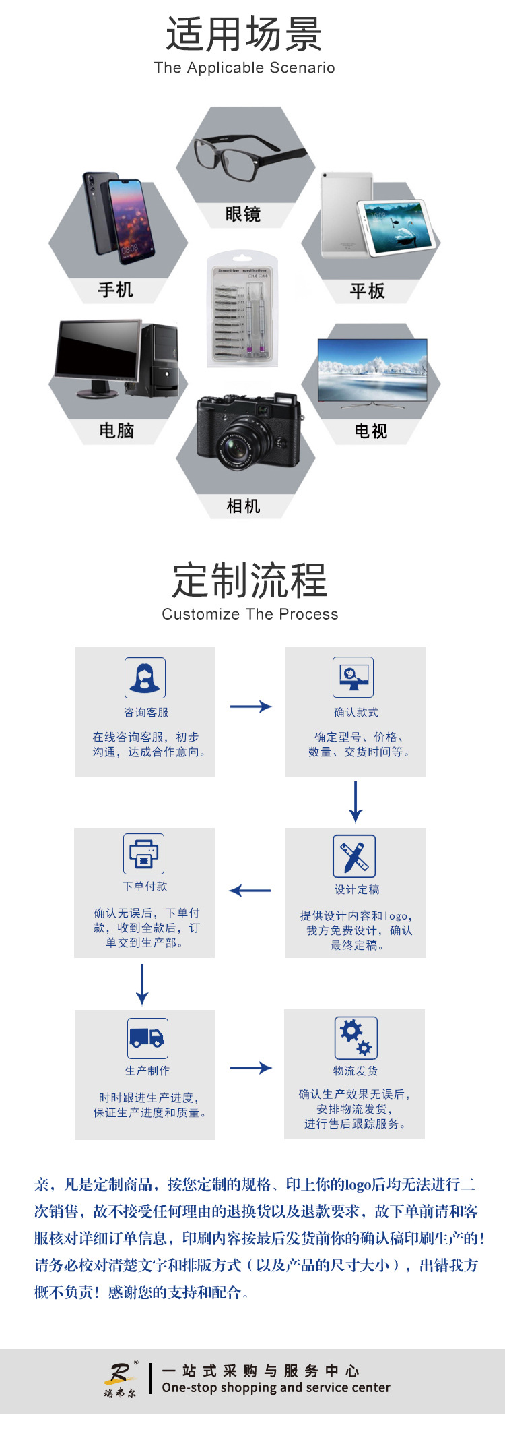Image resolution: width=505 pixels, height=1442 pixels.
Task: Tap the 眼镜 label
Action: coord(243,214)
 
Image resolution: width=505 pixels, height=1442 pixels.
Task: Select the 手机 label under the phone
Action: coord(116,290)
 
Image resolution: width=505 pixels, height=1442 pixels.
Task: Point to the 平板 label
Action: coord(368,291)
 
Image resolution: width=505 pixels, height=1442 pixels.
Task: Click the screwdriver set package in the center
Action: coord(242,309)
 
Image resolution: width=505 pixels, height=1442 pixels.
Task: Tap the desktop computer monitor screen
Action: coord(98,350)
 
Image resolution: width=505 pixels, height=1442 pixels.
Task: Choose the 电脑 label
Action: coord(116,431)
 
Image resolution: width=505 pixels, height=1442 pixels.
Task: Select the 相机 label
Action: coord(243,506)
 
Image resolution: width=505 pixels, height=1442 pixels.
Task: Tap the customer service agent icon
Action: coord(145,678)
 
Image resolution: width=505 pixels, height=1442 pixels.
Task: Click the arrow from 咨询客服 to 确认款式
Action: coord(250,707)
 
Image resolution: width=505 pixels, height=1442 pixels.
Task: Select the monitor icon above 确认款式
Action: coord(353,677)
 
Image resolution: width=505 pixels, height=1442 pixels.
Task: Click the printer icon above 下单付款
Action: coord(143,853)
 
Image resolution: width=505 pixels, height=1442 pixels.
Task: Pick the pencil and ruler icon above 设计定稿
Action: coord(354,855)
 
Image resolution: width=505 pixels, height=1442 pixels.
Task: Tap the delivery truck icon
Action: coord(147,1038)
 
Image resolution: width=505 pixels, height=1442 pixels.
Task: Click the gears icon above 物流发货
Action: coord(356,1038)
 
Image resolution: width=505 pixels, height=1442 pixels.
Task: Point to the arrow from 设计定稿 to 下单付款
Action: coord(250,891)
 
